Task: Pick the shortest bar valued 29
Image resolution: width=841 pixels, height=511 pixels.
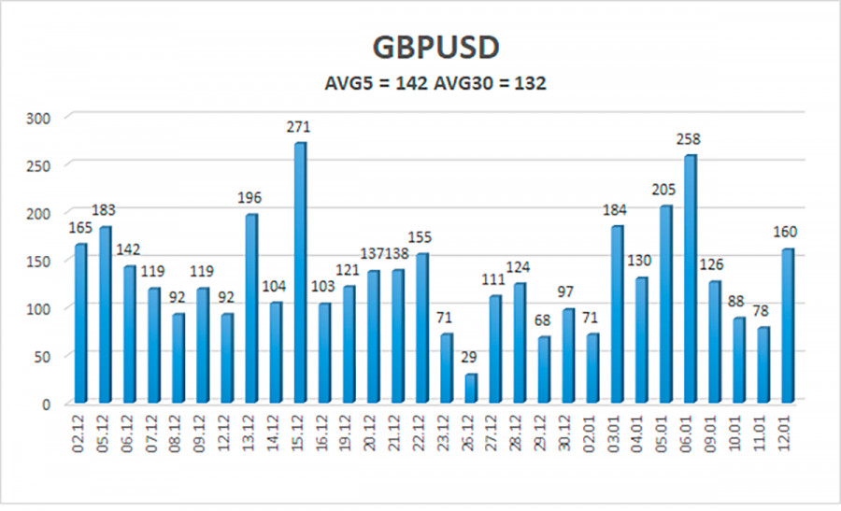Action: point(470,388)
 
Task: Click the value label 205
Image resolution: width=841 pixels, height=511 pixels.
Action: point(664,190)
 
